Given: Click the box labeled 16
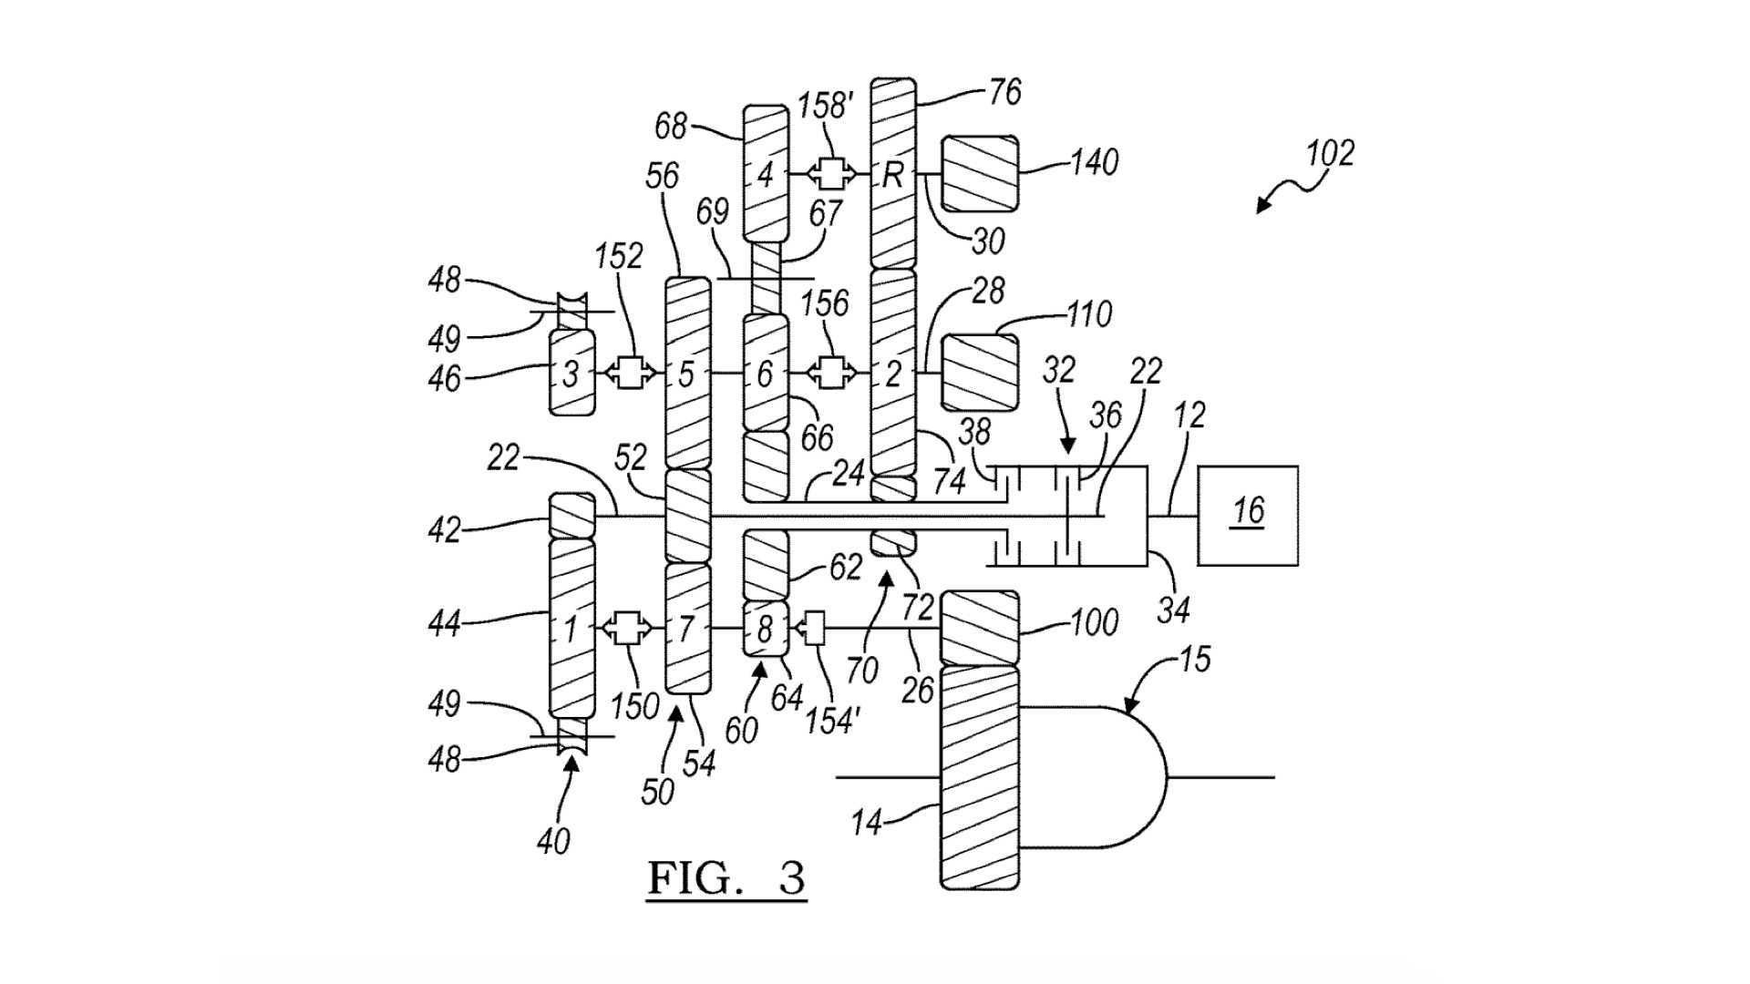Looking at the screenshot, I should tap(1247, 516).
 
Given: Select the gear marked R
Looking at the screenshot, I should tap(893, 173).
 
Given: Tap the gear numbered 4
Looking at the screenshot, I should tap(765, 173).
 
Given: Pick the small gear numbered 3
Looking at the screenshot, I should tap(571, 373).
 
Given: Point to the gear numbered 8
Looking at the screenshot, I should tap(765, 628).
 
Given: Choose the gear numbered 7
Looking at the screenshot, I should tap(687, 628).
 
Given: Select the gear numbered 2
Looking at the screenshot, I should tap(893, 373).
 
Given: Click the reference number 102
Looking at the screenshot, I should tap(1330, 152).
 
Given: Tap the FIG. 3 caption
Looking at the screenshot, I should tap(726, 878).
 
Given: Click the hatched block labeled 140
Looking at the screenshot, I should tap(979, 173).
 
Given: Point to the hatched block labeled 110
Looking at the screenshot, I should tap(979, 372).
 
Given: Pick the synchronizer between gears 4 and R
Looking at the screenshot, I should tap(830, 173).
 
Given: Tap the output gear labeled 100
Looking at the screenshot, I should tap(979, 628).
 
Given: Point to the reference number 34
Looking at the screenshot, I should tap(1173, 609).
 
